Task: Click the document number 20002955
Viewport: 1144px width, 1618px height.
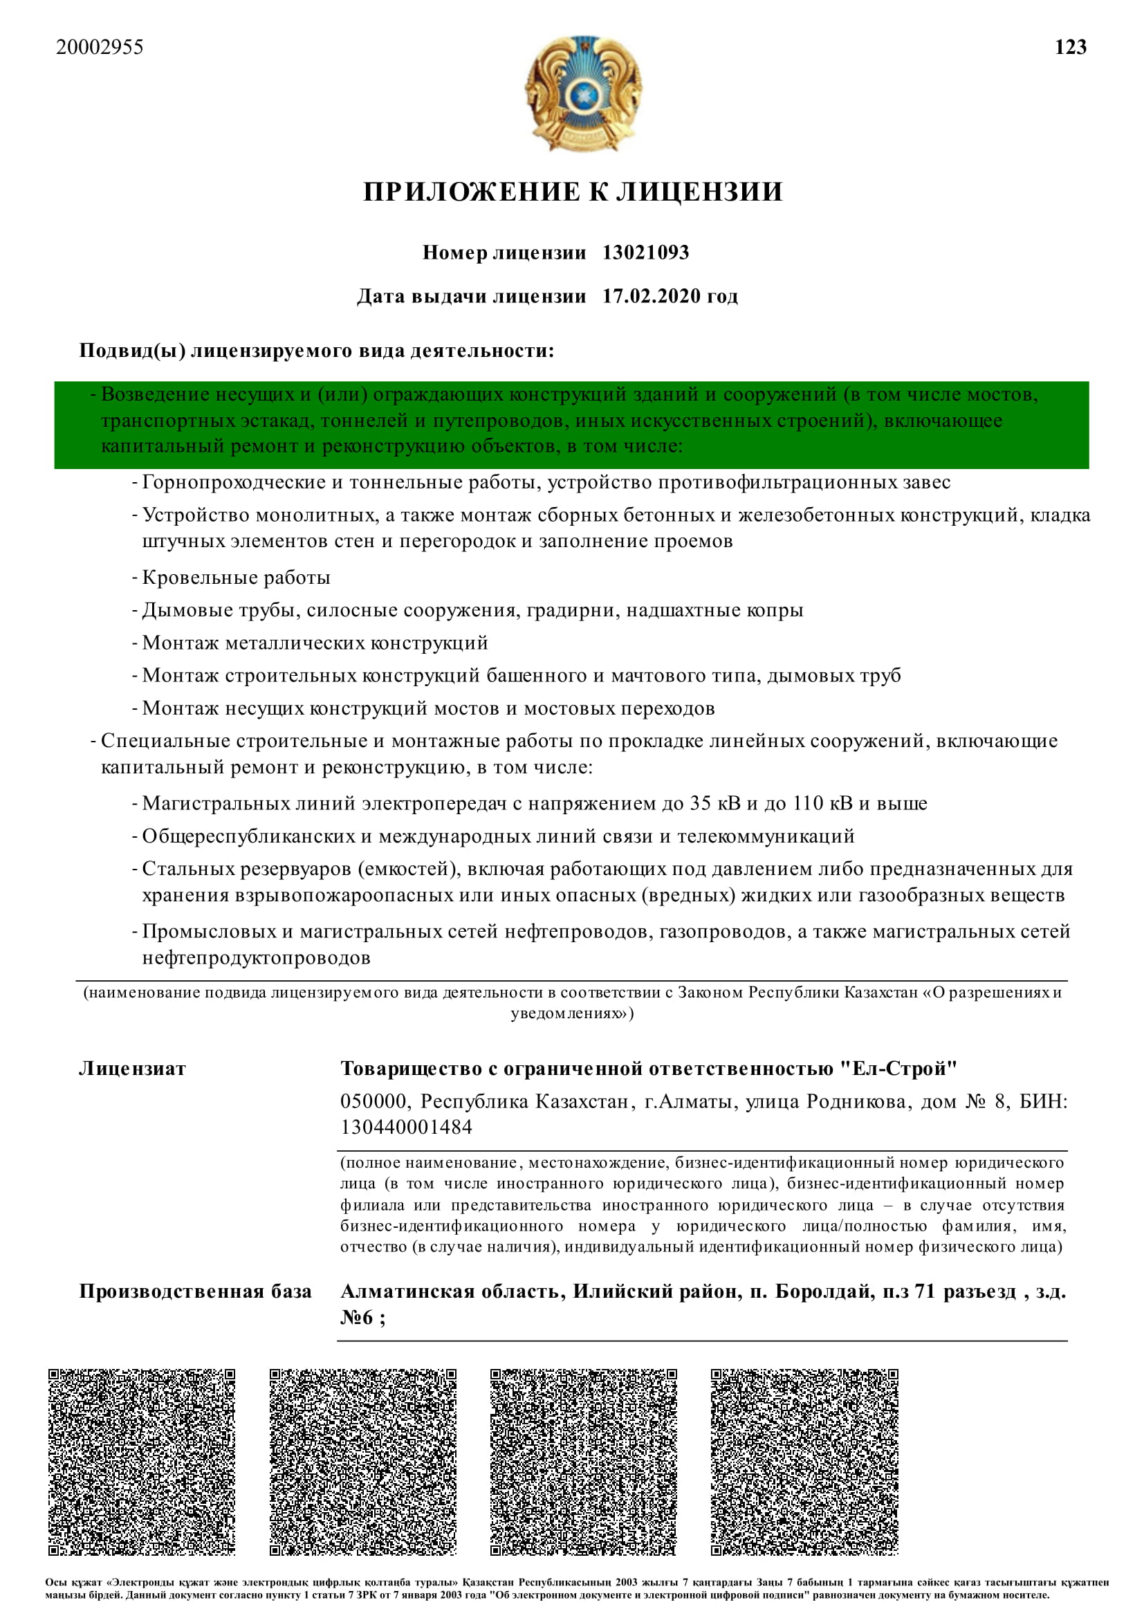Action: coord(100,47)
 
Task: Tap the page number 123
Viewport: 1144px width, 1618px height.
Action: coord(1070,47)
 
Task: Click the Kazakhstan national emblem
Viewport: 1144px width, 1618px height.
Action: coord(582,93)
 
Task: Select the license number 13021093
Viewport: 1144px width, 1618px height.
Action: coord(645,252)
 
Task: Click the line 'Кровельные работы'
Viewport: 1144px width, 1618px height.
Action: coord(236,578)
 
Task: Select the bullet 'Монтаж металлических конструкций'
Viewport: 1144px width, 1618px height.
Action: coord(315,643)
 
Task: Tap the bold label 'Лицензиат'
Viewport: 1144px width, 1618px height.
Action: coord(132,1068)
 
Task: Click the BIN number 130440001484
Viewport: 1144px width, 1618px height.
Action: coord(407,1127)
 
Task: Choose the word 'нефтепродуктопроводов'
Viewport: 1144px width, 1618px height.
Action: coord(257,957)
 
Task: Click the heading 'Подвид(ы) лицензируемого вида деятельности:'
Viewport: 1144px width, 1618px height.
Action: coord(316,350)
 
